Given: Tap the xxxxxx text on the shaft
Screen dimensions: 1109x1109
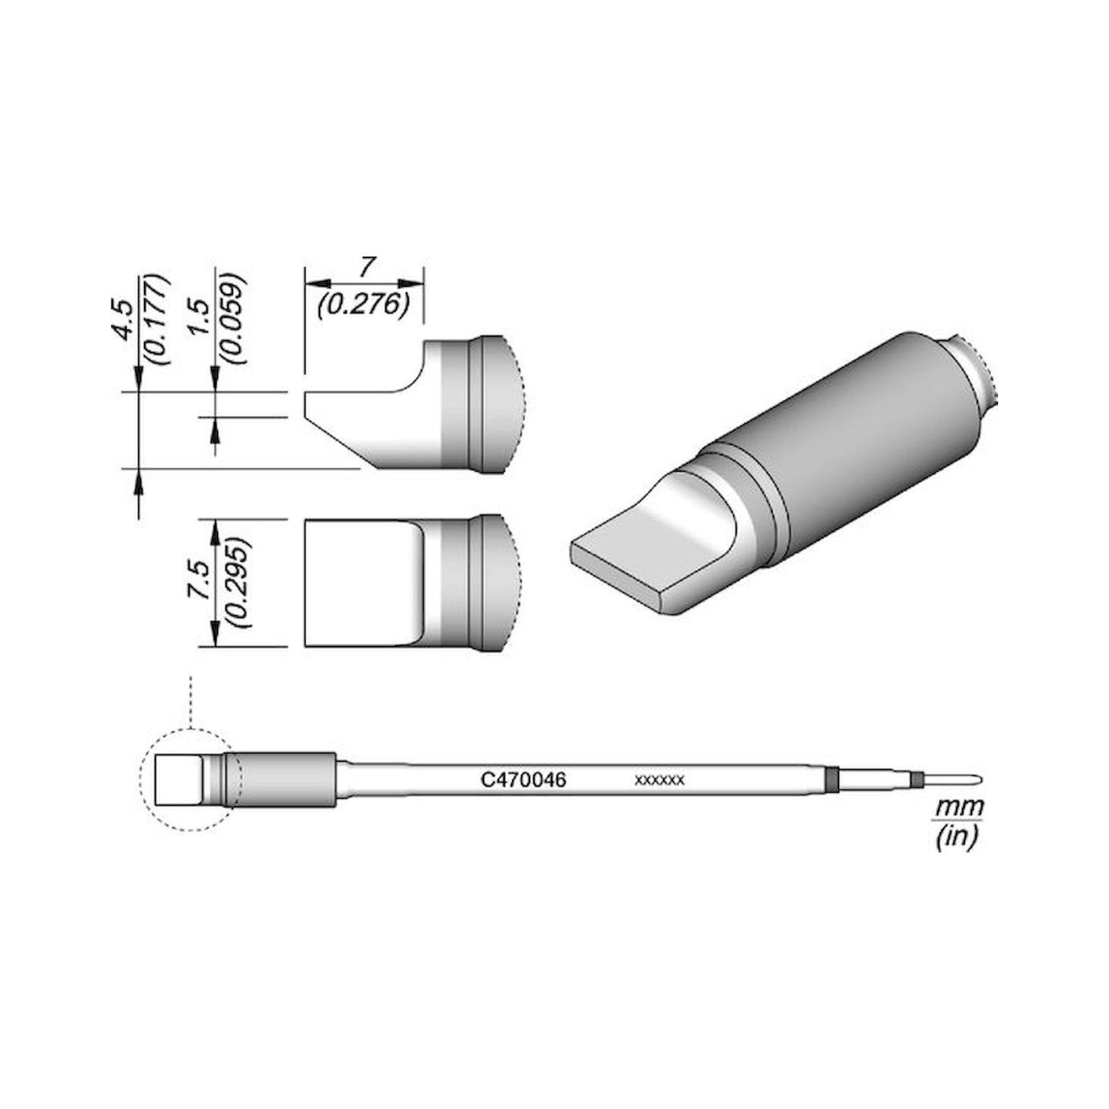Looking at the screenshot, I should (x=659, y=781).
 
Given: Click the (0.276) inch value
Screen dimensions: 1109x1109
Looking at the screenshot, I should (x=363, y=304).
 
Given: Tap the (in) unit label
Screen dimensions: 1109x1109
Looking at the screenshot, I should (x=956, y=838).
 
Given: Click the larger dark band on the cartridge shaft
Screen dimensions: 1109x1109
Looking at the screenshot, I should (x=830, y=779).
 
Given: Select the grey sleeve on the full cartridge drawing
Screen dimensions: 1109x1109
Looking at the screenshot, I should (x=281, y=779).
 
